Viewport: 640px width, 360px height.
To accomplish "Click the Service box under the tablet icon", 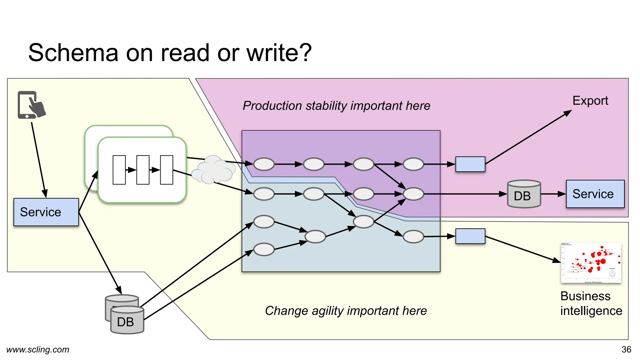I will [46, 212].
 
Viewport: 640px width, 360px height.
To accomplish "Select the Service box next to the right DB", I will [595, 194].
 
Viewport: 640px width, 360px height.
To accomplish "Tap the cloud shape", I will [213, 170].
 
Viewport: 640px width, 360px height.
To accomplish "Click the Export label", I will [590, 101].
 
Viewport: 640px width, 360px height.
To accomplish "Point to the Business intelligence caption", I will [591, 303].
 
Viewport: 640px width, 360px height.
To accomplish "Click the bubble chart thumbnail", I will [591, 263].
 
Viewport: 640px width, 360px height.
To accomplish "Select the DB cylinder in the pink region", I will [524, 194].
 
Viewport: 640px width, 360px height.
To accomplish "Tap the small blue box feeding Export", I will [470, 164].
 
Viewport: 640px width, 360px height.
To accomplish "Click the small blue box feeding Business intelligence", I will [470, 236].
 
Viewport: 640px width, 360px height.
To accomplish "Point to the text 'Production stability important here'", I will [336, 106].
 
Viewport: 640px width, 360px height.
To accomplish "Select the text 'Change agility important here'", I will [346, 311].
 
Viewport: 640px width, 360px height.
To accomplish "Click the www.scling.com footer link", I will [37, 349].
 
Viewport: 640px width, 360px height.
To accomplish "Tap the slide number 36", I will [626, 349].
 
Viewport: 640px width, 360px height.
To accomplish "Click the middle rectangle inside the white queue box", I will [143, 170].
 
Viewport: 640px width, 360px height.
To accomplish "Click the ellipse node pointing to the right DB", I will [413, 194].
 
